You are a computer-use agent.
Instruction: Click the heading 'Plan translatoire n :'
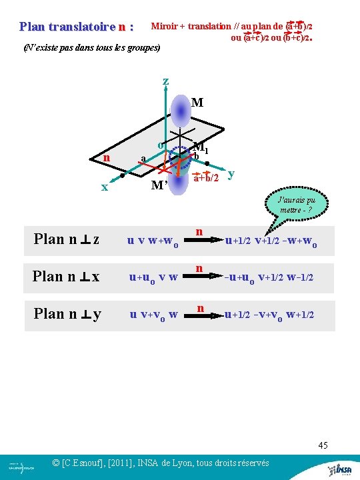point(77,27)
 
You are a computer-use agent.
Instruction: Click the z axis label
point(165,82)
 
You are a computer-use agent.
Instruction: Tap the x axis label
point(104,187)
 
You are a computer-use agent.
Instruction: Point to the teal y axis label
point(230,175)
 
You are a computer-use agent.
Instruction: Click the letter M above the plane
point(197,103)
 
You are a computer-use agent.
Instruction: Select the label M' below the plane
point(159,184)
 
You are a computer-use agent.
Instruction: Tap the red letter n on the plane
point(107,158)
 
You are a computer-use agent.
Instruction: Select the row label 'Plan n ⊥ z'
point(67,239)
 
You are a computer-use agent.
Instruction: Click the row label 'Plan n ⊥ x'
point(67,276)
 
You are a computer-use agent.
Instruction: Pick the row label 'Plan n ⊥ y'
point(67,313)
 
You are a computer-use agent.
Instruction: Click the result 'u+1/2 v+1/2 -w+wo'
point(271,241)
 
